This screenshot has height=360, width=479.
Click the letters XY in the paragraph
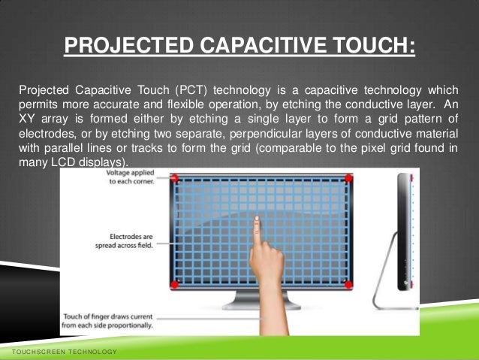point(27,119)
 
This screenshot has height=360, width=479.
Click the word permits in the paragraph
point(38,105)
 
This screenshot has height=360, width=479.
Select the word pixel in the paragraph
point(374,148)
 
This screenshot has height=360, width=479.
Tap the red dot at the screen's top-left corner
point(174,177)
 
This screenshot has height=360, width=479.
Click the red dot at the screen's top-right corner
point(348,177)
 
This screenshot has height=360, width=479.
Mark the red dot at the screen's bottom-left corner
point(174,284)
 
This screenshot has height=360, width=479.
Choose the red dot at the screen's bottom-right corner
point(348,284)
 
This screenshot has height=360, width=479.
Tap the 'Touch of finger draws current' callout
point(108,319)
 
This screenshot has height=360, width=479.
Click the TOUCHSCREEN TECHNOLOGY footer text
point(59,352)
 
